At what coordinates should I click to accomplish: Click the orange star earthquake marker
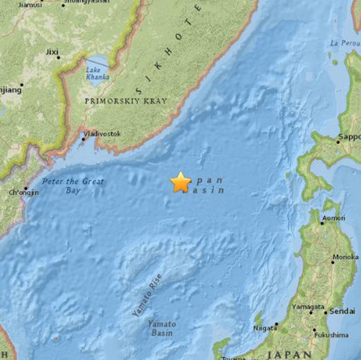180,183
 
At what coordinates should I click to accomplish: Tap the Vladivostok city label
103,133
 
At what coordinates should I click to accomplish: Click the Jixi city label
53,52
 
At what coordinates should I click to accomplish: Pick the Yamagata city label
308,307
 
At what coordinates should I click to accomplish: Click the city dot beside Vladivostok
82,138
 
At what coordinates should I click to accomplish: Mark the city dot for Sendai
326,312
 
